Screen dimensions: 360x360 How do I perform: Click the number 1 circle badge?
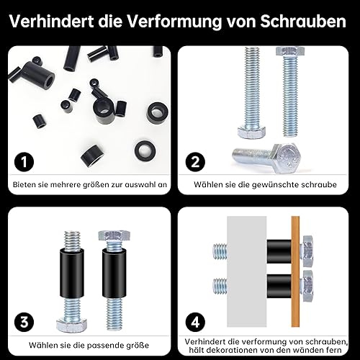pyautogui.click(x=24, y=162)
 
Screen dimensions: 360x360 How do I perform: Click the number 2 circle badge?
pyautogui.click(x=195, y=162)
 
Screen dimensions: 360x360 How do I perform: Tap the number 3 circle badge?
pyautogui.click(x=24, y=322)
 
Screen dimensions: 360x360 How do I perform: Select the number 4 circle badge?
pyautogui.click(x=195, y=322)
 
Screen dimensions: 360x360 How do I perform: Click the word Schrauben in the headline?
pyautogui.click(x=303, y=22)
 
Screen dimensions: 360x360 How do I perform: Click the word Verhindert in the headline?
pyautogui.click(x=51, y=22)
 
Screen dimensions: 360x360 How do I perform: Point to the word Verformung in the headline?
pyautogui.click(x=174, y=22)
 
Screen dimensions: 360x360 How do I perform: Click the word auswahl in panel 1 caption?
pyautogui.click(x=139, y=184)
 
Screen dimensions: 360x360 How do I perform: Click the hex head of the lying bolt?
pyautogui.click(x=287, y=158)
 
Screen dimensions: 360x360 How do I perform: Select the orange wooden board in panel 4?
pyautogui.click(x=295, y=271)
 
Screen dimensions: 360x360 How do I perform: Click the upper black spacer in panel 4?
pyautogui.click(x=279, y=251)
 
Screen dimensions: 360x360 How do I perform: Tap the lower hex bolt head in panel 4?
pyautogui.click(x=307, y=286)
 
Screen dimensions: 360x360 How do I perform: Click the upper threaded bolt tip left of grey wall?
pyautogui.click(x=220, y=251)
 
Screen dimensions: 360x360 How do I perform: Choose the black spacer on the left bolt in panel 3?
pyautogui.click(x=72, y=274)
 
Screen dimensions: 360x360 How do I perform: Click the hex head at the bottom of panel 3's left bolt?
pyautogui.click(x=73, y=325)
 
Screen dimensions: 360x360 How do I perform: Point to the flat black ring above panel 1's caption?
pyautogui.click(x=145, y=150)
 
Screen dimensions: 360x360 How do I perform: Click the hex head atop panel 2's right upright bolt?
pyautogui.click(x=290, y=51)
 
